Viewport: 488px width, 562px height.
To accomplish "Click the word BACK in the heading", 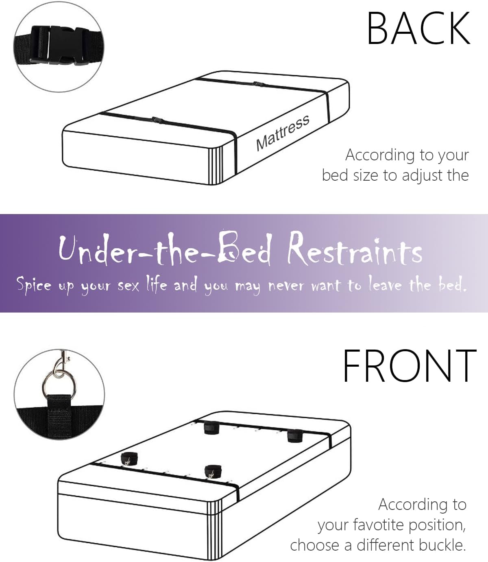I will point(418,28).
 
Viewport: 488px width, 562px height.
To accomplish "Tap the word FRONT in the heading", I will point(410,365).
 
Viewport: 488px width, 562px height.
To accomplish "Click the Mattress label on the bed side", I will point(283,133).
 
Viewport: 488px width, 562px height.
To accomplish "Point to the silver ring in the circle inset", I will point(59,385).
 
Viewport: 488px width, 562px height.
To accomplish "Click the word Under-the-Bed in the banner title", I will point(165,249).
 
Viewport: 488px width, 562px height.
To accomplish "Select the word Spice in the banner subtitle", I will point(34,284).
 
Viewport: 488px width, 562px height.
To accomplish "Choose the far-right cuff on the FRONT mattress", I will point(295,435).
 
